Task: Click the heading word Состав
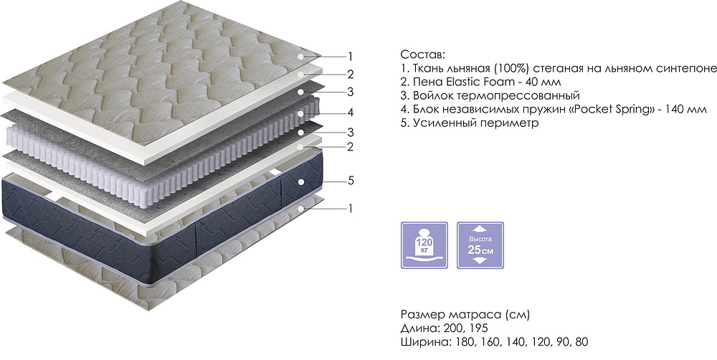click(422, 55)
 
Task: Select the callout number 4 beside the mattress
click(351, 112)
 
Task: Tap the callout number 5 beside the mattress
click(351, 181)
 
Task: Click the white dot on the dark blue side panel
click(300, 181)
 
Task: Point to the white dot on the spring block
click(300, 113)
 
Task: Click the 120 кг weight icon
click(424, 245)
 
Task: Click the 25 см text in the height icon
click(480, 250)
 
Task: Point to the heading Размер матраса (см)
click(465, 315)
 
